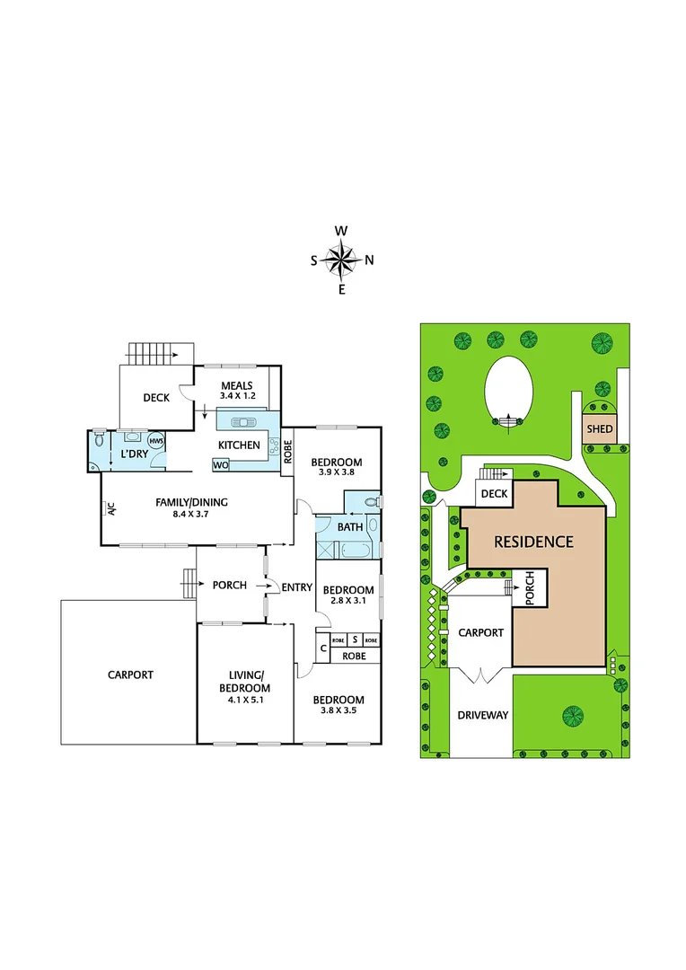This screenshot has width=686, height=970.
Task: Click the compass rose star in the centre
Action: (341, 260)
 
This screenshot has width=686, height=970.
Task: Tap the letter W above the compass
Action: (341, 231)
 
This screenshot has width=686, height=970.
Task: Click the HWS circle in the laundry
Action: (156, 441)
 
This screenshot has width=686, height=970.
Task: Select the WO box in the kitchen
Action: (219, 464)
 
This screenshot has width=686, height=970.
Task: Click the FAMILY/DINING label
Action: (189, 502)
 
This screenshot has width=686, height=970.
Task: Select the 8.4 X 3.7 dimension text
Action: (189, 514)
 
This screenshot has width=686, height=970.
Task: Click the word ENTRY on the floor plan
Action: (296, 587)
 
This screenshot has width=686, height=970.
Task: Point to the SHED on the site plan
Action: (599, 428)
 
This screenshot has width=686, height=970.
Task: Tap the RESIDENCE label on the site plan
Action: (532, 542)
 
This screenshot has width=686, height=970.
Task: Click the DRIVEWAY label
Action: (483, 716)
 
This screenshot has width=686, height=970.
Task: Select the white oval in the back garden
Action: (508, 392)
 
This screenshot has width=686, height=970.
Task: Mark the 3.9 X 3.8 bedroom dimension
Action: (337, 474)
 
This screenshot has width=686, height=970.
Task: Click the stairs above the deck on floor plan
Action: (160, 353)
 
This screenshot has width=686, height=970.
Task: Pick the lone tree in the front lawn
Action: (572, 715)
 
